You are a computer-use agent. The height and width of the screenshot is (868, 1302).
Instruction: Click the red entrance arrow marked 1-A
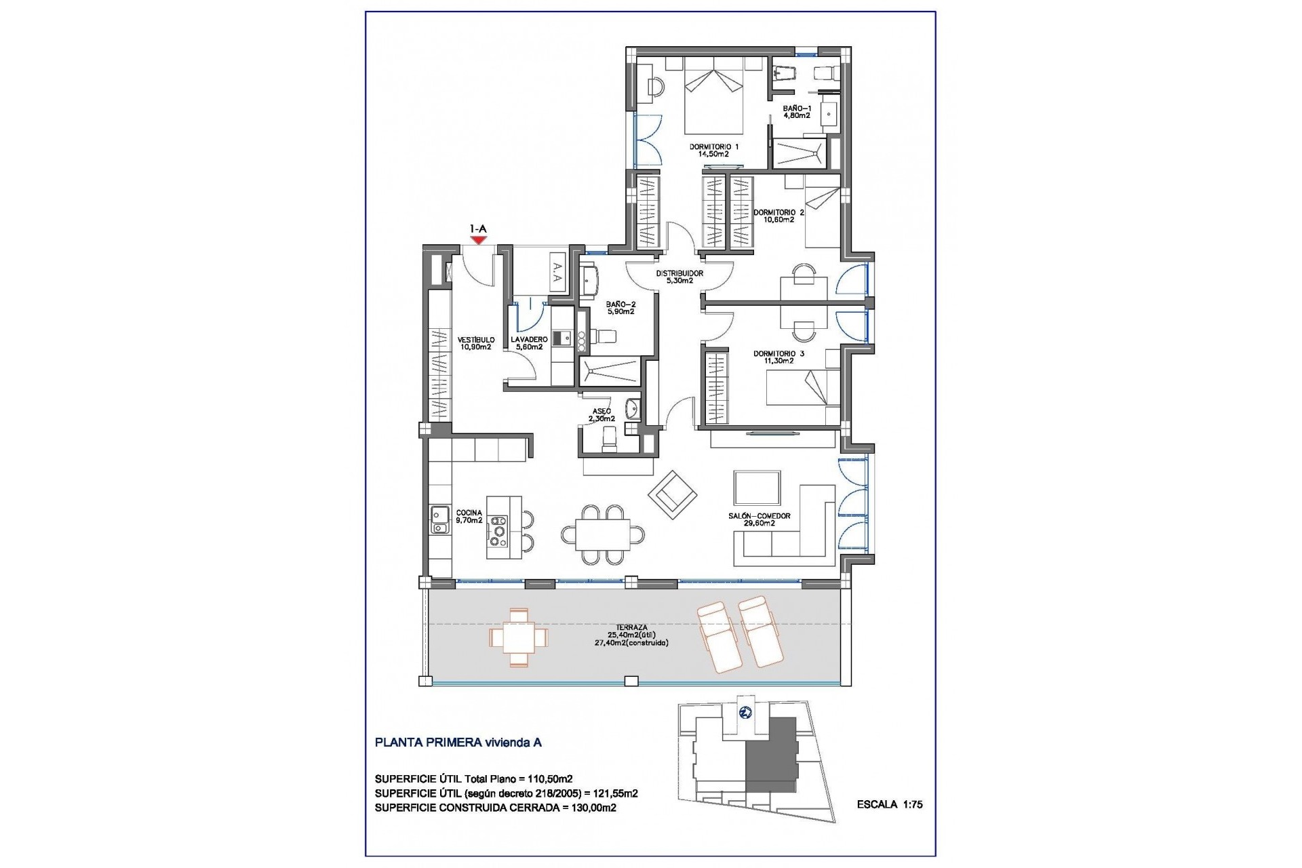(479, 239)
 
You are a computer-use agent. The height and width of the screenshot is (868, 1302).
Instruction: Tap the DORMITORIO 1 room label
(713, 150)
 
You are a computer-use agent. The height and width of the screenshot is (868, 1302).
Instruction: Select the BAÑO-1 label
(796, 112)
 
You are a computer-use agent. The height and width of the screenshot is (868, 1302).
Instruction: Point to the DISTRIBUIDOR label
(679, 277)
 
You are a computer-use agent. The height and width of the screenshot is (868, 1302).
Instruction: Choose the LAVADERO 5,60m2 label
(529, 343)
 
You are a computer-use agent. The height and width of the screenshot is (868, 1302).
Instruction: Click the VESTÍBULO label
(475, 343)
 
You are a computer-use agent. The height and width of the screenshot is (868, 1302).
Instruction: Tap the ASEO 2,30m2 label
(601, 415)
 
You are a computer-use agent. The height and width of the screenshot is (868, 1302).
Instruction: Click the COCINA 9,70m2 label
(469, 517)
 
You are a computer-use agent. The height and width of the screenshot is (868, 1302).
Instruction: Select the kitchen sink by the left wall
(439, 519)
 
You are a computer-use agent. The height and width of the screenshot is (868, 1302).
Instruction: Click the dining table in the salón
(602, 535)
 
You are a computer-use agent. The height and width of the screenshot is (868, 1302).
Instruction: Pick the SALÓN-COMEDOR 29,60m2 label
(759, 519)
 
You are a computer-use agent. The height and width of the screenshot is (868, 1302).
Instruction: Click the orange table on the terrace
(518, 637)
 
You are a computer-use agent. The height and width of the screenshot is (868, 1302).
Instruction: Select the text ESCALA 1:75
(889, 805)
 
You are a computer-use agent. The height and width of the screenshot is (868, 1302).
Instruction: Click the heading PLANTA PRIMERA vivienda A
(458, 743)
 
